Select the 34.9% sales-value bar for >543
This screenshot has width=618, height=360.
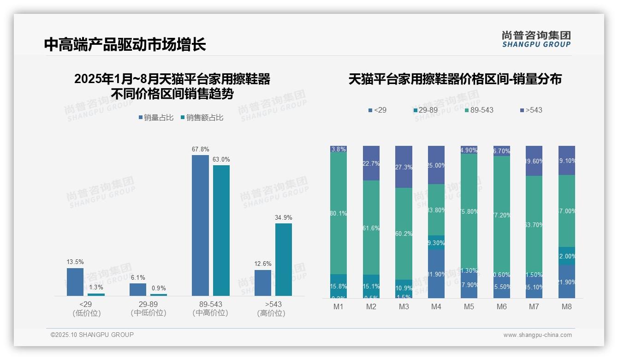[283, 259]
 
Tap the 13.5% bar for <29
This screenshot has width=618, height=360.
[75, 282]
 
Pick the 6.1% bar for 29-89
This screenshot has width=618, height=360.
[138, 289]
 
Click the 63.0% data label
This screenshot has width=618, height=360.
[221, 159]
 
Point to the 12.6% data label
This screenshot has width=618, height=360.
[263, 264]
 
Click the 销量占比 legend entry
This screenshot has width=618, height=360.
[156, 118]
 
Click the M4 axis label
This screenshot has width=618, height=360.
[436, 306]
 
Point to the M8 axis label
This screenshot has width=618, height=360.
[567, 306]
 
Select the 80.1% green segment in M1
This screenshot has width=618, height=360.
[339, 213]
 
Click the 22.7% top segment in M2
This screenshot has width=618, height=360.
[371, 163]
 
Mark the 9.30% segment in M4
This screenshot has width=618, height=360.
[436, 242]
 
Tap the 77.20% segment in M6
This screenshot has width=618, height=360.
[502, 216]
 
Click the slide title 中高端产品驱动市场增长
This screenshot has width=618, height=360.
[125, 44]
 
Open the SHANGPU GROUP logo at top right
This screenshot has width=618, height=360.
[536, 39]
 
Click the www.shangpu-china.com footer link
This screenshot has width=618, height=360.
[537, 335]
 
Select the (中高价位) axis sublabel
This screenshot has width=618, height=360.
[210, 313]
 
